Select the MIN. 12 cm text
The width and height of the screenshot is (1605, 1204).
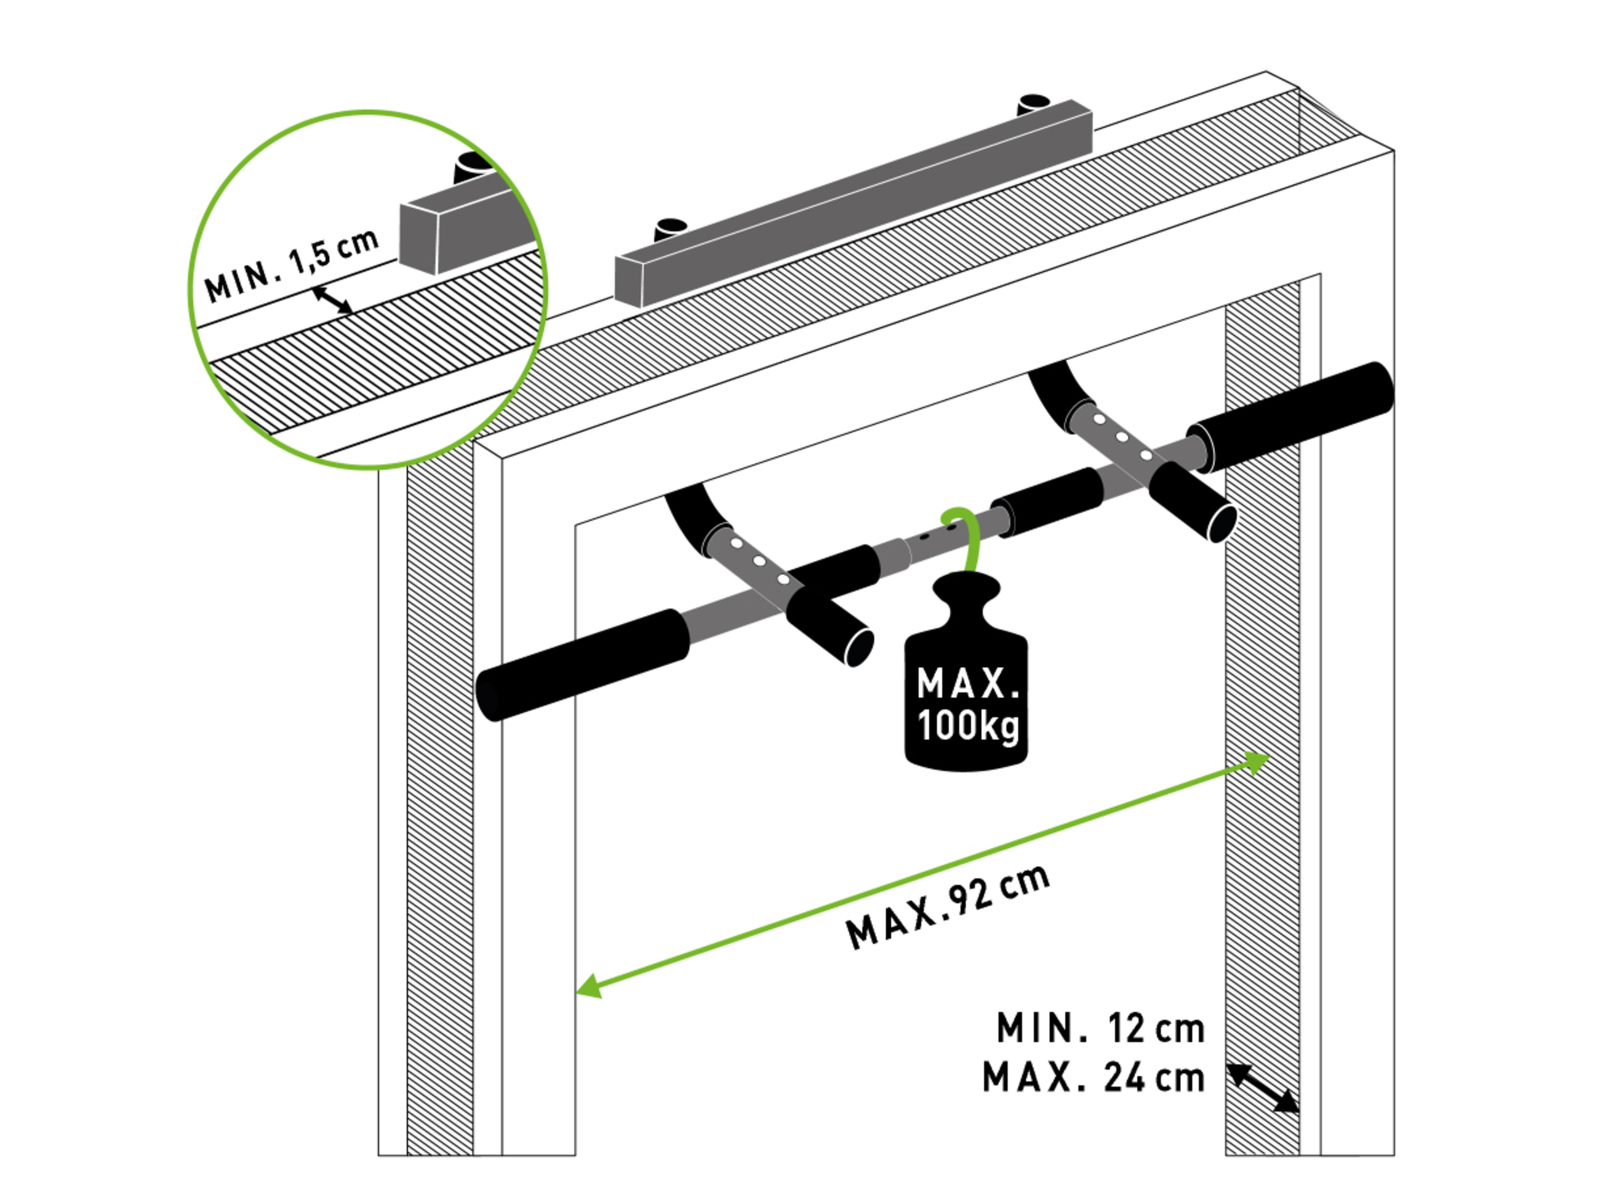pos(1100,1028)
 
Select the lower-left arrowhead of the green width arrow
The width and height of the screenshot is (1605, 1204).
pos(589,986)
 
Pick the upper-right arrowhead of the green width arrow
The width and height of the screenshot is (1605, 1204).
pos(1255,763)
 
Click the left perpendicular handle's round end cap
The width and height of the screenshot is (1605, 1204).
pos(859,647)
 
